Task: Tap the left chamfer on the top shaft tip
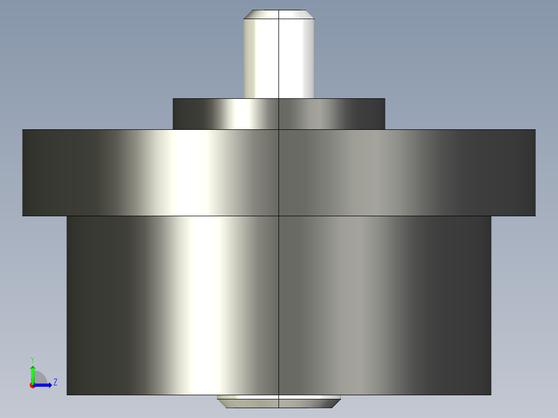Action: pos(247,14)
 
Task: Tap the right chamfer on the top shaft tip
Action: pos(311,14)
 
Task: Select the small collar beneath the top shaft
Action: pos(279,114)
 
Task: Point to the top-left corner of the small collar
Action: pos(173,99)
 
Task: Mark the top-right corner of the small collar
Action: pos(385,99)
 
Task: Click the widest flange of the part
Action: pos(279,172)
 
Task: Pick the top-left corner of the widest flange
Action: pos(23,130)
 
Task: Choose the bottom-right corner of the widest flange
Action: pos(535,215)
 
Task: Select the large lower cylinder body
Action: pos(279,305)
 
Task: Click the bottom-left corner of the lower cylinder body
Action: pos(67,394)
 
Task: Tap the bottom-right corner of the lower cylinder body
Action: pos(490,394)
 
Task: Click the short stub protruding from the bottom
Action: pos(279,401)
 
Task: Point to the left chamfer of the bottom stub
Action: pos(222,402)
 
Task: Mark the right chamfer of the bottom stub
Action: pos(336,402)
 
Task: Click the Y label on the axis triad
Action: pos(32,359)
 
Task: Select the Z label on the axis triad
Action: pos(55,382)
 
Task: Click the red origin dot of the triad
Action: pos(32,385)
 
